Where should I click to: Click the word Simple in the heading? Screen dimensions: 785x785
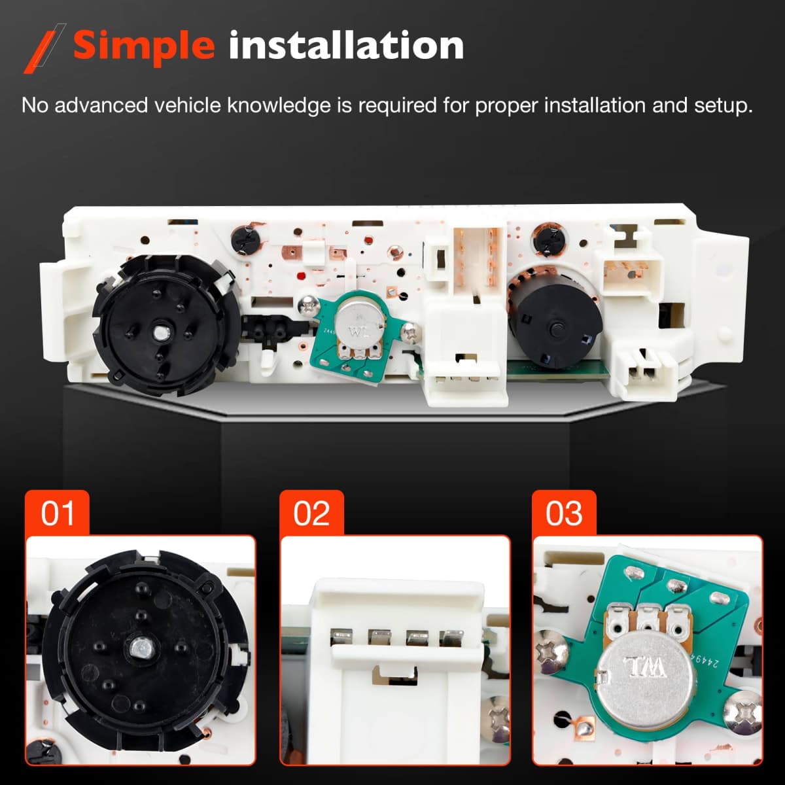tap(144, 46)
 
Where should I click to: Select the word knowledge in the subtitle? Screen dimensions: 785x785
tap(279, 105)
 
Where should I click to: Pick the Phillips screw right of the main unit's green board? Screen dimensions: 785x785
tap(411, 333)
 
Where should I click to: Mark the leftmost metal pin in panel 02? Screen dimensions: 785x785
tap(342, 637)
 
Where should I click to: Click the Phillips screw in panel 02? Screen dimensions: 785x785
tap(499, 720)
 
